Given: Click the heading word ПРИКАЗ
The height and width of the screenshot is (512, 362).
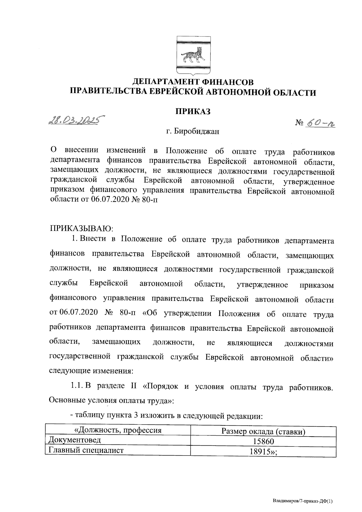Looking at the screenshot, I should (193, 111).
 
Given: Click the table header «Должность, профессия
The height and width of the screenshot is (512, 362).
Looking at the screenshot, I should (118, 430).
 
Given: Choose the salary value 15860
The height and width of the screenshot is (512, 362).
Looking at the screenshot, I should (263, 441).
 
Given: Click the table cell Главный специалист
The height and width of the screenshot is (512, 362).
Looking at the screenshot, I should (84, 450).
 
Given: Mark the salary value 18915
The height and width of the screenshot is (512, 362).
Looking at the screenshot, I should (261, 452).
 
